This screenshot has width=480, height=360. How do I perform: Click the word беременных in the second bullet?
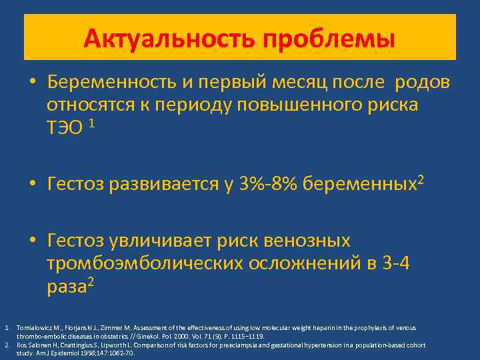coord(359,184)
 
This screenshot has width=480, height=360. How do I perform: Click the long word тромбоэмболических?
coord(145,263)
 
